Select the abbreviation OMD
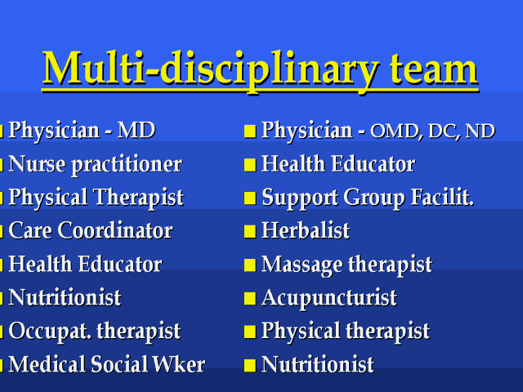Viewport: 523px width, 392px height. pos(395,131)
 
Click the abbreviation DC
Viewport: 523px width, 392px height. pos(443,131)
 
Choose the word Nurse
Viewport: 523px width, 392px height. pos(37,163)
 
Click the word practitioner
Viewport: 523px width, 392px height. pos(127,165)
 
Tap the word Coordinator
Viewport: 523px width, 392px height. pos(115,230)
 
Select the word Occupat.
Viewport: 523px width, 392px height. pos(50,332)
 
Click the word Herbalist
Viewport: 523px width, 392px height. pos(306,230)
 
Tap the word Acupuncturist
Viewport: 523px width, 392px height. pos(329,298)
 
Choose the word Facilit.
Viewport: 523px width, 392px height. pos(442,197)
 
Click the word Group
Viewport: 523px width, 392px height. pos(374,198)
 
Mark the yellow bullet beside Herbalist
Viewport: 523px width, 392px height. pos(250,231)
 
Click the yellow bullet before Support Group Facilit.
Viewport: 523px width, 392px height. pos(250,198)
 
